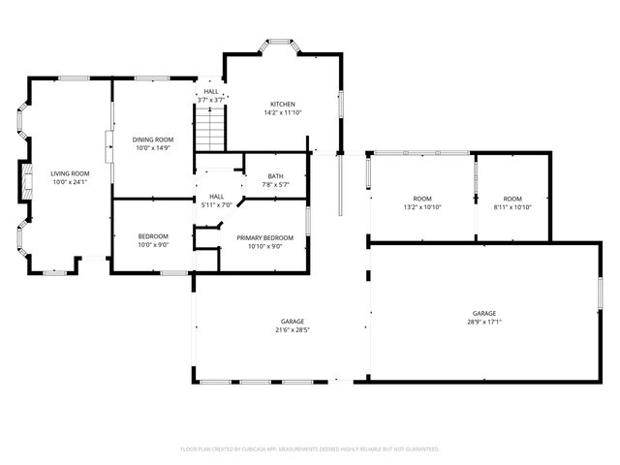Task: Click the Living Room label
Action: point(69,173)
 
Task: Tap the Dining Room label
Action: point(152,139)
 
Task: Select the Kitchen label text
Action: point(282,104)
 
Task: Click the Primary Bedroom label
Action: point(264,237)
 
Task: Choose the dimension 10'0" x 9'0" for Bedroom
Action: point(152,245)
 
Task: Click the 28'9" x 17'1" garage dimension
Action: point(484,322)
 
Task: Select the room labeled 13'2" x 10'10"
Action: point(421,200)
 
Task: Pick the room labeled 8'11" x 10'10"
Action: point(512,200)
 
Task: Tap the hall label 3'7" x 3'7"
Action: point(210,100)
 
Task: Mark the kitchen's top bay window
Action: point(283,43)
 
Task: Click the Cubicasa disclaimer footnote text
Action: point(310,449)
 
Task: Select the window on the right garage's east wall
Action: point(601,292)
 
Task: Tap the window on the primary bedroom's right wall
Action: point(308,220)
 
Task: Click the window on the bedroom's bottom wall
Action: point(174,273)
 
